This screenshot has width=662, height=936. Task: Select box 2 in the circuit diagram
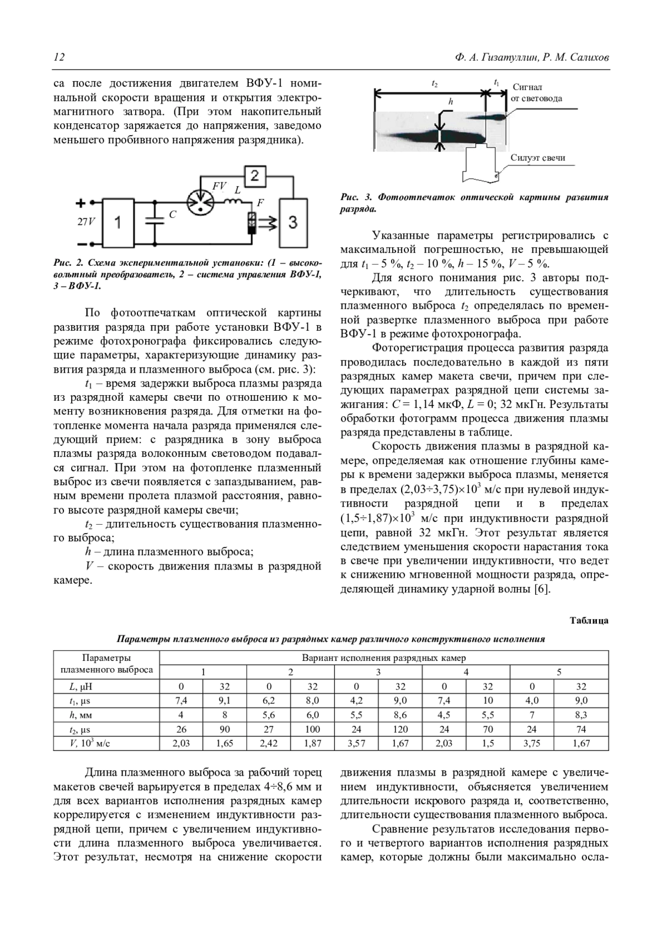tap(254, 176)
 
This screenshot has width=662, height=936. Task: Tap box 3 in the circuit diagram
tap(293, 222)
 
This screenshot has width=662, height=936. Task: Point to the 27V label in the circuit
tap(86, 222)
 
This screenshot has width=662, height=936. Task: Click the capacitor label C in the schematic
tap(172, 214)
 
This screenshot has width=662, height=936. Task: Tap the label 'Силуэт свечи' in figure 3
tap(537, 158)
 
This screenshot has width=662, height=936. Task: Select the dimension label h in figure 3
tap(451, 101)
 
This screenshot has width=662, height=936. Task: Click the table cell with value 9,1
tap(225, 701)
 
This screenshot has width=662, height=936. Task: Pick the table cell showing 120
tap(400, 729)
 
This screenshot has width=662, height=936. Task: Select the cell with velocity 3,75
tap(532, 744)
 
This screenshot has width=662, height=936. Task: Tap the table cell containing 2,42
tap(269, 744)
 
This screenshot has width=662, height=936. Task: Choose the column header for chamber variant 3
tap(378, 672)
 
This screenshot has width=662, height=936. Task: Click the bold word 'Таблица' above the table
tap(589, 621)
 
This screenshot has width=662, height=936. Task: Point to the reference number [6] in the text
tap(542, 590)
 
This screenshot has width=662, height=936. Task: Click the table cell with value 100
tap(312, 729)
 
